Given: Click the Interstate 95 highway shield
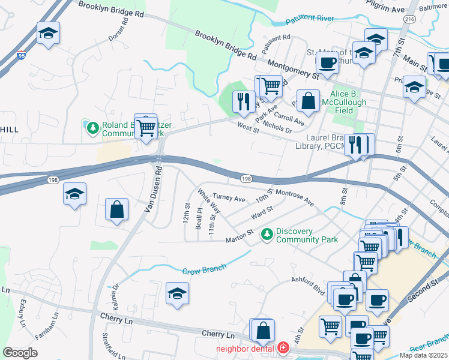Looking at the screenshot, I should point(22,54).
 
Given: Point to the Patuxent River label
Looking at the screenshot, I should point(310,19).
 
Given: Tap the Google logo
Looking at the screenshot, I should point(20,353).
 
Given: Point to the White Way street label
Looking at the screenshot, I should point(208,202).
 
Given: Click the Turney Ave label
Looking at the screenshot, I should point(229,198).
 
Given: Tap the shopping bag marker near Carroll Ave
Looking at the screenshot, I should point(308,101).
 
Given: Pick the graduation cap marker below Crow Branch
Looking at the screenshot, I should point(177,293).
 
